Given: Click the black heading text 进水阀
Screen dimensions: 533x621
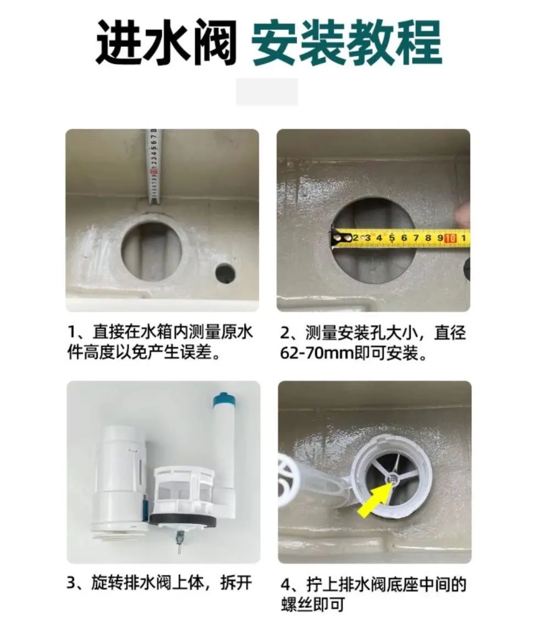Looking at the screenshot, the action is pyautogui.click(x=166, y=42).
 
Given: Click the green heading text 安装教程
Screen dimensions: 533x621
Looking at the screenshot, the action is pyautogui.click(x=347, y=42).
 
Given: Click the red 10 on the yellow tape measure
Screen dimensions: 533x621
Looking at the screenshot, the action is pyautogui.click(x=450, y=238).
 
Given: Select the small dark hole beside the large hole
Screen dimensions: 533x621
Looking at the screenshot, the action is pyautogui.click(x=225, y=273).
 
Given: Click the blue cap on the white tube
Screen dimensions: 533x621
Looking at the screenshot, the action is pyautogui.click(x=223, y=400).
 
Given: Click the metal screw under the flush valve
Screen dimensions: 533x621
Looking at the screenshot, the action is pyautogui.click(x=180, y=543).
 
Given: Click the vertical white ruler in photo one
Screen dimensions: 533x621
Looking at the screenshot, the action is pyautogui.click(x=153, y=167).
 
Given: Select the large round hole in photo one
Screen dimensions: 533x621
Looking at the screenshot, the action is pyautogui.click(x=152, y=252).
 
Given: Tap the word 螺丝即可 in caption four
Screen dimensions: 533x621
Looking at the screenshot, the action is pyautogui.click(x=313, y=605).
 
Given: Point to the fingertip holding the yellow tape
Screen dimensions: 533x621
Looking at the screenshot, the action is pyautogui.click(x=462, y=215).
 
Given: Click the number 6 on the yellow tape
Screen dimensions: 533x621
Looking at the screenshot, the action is pyautogui.click(x=404, y=238).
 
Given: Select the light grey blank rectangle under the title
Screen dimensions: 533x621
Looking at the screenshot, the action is pyautogui.click(x=267, y=92).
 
